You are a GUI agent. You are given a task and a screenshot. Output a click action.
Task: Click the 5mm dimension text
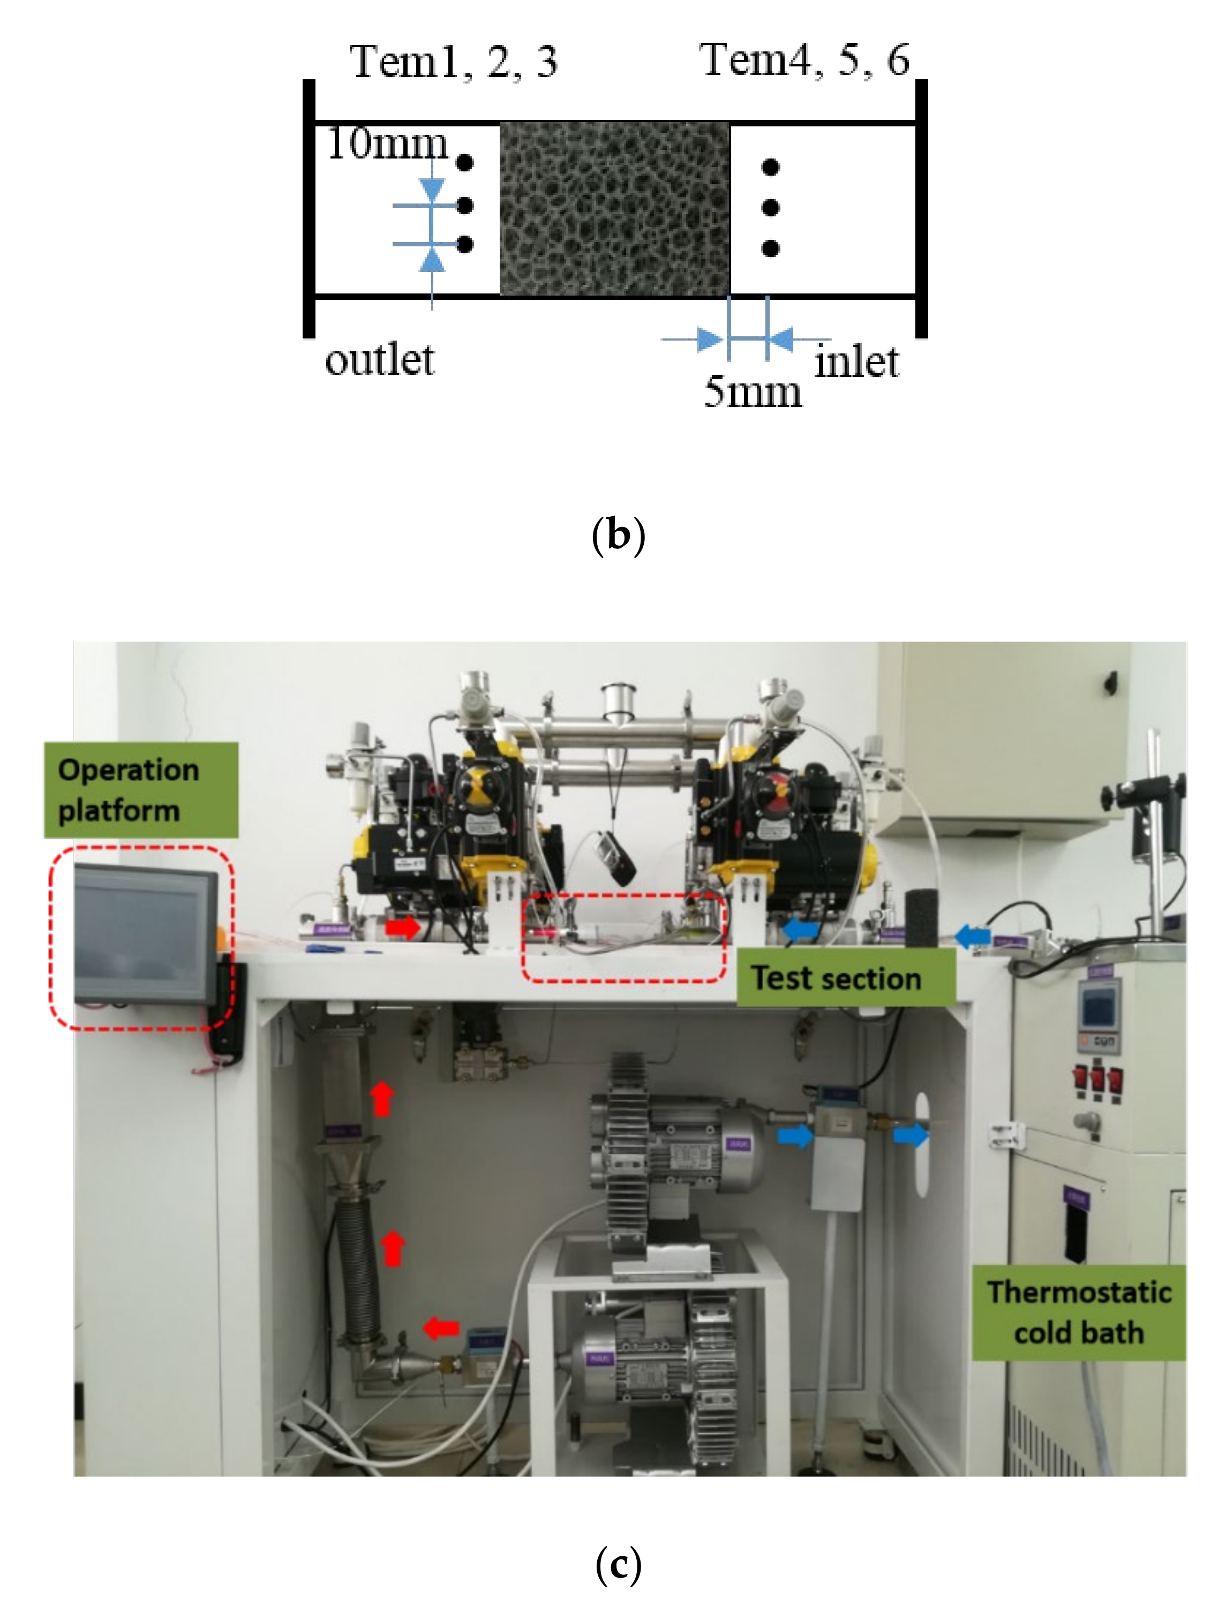751,392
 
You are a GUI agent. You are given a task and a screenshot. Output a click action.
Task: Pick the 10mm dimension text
387,144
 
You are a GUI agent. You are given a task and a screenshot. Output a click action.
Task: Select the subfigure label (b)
618,535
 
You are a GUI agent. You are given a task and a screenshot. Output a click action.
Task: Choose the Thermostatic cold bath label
1079,1312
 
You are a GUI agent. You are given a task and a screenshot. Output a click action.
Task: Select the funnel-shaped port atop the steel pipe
618,705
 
